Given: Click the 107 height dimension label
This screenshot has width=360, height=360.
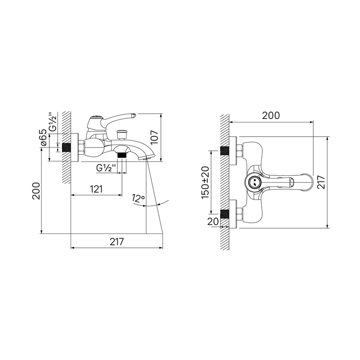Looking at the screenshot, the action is pyautogui.click(x=154, y=137).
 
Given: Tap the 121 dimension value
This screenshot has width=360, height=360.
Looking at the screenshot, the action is pyautogui.click(x=96, y=189).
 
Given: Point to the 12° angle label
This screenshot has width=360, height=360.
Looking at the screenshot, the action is pyautogui.click(x=138, y=198).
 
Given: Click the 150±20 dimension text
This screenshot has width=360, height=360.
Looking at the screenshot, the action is pyautogui.click(x=205, y=183).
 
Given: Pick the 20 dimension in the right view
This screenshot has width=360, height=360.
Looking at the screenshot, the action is pyautogui.click(x=213, y=221).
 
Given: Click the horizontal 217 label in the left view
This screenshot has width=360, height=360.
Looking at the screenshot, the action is pyautogui.click(x=117, y=242).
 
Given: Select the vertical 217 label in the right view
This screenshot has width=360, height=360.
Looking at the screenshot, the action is pyautogui.click(x=321, y=182).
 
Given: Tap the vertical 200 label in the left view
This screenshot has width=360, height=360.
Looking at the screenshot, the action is pyautogui.click(x=36, y=191).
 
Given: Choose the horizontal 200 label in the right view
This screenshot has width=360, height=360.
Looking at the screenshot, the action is pyautogui.click(x=271, y=116).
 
